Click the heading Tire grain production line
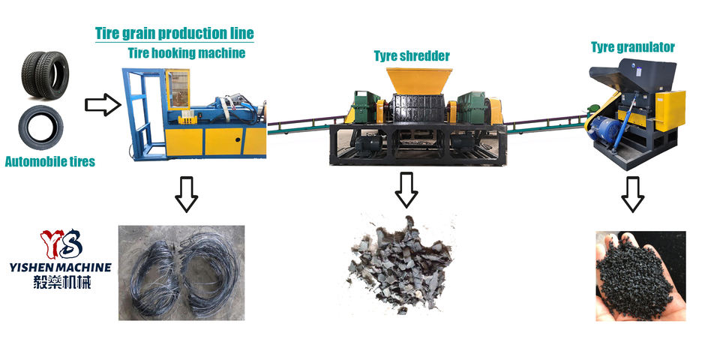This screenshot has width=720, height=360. (x=174, y=34)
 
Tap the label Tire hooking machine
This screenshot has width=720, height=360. (x=184, y=53)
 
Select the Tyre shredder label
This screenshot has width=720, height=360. (x=412, y=56)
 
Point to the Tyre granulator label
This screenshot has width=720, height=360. (x=632, y=47)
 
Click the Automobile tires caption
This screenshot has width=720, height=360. (x=50, y=161)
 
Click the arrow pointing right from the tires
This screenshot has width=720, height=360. (x=103, y=104)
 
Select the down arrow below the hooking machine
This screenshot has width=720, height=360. (x=185, y=193)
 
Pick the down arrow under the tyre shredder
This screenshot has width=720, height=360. (x=406, y=190)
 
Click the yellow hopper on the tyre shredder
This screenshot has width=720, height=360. (x=418, y=81)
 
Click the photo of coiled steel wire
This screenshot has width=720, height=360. (x=182, y=272)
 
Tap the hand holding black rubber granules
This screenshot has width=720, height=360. (x=640, y=276)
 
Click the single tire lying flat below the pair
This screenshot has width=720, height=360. (x=41, y=128)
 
